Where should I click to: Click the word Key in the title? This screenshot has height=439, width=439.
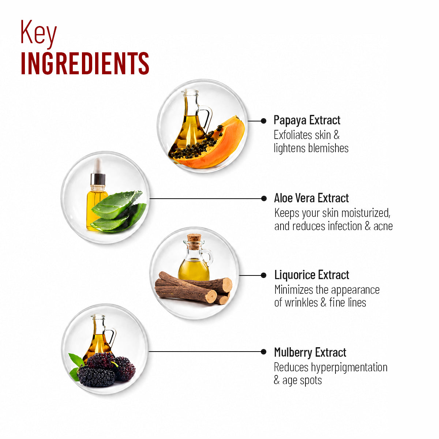point(38,34)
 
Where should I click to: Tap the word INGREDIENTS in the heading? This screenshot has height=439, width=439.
point(85,63)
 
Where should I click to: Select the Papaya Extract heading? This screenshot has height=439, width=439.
point(307,120)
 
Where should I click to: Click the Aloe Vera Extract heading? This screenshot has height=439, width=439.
point(311,198)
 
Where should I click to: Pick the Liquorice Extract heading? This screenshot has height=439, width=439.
point(312,275)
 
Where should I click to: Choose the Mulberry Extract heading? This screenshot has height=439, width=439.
point(310,352)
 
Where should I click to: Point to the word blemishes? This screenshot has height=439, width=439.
point(328,148)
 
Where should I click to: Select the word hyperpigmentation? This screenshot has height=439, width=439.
point(349,367)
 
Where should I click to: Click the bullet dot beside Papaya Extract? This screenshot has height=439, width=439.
point(263,121)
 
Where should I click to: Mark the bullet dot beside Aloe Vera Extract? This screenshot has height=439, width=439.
point(264,199)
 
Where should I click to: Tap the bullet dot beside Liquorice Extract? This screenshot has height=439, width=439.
point(263,275)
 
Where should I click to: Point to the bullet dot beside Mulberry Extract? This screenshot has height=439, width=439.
point(263,352)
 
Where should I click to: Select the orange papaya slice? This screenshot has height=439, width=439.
point(215,146)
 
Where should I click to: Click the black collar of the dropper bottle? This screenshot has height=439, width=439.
point(98,179)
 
